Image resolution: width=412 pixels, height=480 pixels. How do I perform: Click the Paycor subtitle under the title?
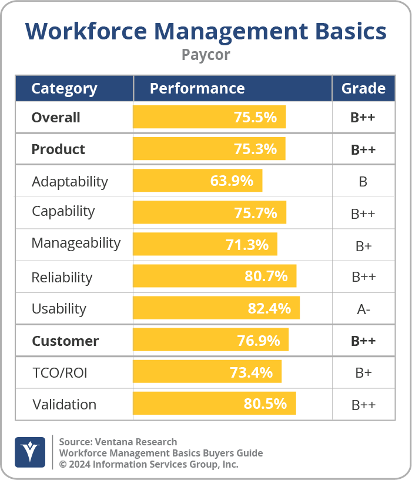205,55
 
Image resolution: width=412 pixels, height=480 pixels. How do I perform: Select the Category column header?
64,89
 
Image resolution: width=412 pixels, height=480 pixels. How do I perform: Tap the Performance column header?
197,89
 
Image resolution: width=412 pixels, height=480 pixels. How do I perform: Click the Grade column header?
363,89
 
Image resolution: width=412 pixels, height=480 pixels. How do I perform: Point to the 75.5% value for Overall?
255,117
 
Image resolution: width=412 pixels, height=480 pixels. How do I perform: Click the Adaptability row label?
69,181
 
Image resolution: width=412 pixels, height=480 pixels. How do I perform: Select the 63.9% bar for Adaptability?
197,181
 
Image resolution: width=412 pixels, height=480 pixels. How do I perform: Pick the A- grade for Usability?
363,309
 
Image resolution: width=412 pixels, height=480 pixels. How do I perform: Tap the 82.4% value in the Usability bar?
269,308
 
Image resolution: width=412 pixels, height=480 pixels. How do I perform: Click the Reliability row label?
62,277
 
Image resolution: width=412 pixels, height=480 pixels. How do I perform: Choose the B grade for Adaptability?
363,181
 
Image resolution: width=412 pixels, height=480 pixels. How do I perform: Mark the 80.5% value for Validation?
265,404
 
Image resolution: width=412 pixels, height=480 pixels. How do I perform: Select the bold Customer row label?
65,341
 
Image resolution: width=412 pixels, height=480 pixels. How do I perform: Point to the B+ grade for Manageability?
363,245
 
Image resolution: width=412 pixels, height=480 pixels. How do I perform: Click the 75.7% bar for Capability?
209,212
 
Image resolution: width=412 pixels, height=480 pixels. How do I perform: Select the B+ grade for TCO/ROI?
363,373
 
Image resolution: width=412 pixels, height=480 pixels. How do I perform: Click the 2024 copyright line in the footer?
149,464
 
